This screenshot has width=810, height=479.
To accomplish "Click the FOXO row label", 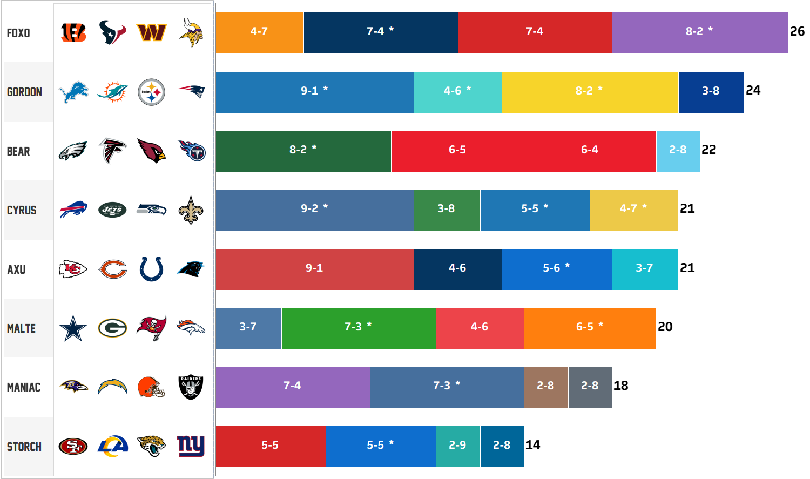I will click(18, 33).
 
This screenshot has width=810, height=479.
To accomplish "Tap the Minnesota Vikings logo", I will click(191, 32).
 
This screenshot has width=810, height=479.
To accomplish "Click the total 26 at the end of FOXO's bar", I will click(797, 31).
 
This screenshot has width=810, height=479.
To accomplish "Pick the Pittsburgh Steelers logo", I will click(151, 92).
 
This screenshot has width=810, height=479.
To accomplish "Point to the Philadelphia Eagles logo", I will click(73, 151).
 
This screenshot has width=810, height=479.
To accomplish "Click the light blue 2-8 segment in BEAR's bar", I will click(678, 151).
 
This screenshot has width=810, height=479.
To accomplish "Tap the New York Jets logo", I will click(112, 210).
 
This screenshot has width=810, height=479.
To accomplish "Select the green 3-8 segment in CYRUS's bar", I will click(447, 210).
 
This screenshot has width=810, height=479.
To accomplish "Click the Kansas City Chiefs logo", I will click(73, 269).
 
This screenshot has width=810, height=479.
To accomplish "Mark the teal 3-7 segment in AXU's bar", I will click(645, 269).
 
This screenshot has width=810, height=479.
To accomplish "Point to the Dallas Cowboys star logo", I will click(73, 328).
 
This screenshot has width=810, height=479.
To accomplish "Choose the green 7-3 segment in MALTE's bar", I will click(359, 328).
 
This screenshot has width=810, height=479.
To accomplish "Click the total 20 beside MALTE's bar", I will click(665, 327).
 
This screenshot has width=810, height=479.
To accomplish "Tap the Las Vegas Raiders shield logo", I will click(191, 387).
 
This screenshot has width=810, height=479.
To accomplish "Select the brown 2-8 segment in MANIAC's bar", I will click(546, 387).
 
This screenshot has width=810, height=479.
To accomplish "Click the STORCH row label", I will click(24, 447).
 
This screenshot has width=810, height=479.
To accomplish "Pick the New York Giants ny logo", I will click(191, 446).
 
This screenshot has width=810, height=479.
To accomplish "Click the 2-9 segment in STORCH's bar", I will click(458, 446).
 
